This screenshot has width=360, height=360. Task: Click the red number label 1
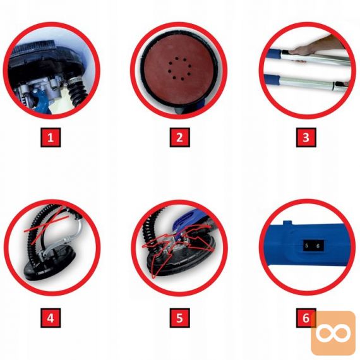tap(51, 138)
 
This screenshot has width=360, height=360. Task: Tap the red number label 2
tap(179, 138)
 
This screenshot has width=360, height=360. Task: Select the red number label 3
tap(306, 138)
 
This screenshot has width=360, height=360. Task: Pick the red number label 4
tap(51, 318)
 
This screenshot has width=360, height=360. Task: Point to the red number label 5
tap(179, 318)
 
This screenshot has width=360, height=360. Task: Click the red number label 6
tap(306, 318)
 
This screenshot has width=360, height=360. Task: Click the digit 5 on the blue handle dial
tap(307, 246)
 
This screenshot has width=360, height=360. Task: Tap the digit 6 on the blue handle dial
tap(318, 246)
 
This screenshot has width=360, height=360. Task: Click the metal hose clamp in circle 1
tap(74, 80)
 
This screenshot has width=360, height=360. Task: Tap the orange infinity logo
tap(333, 332)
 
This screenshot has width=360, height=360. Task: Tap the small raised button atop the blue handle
tap(287, 223)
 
